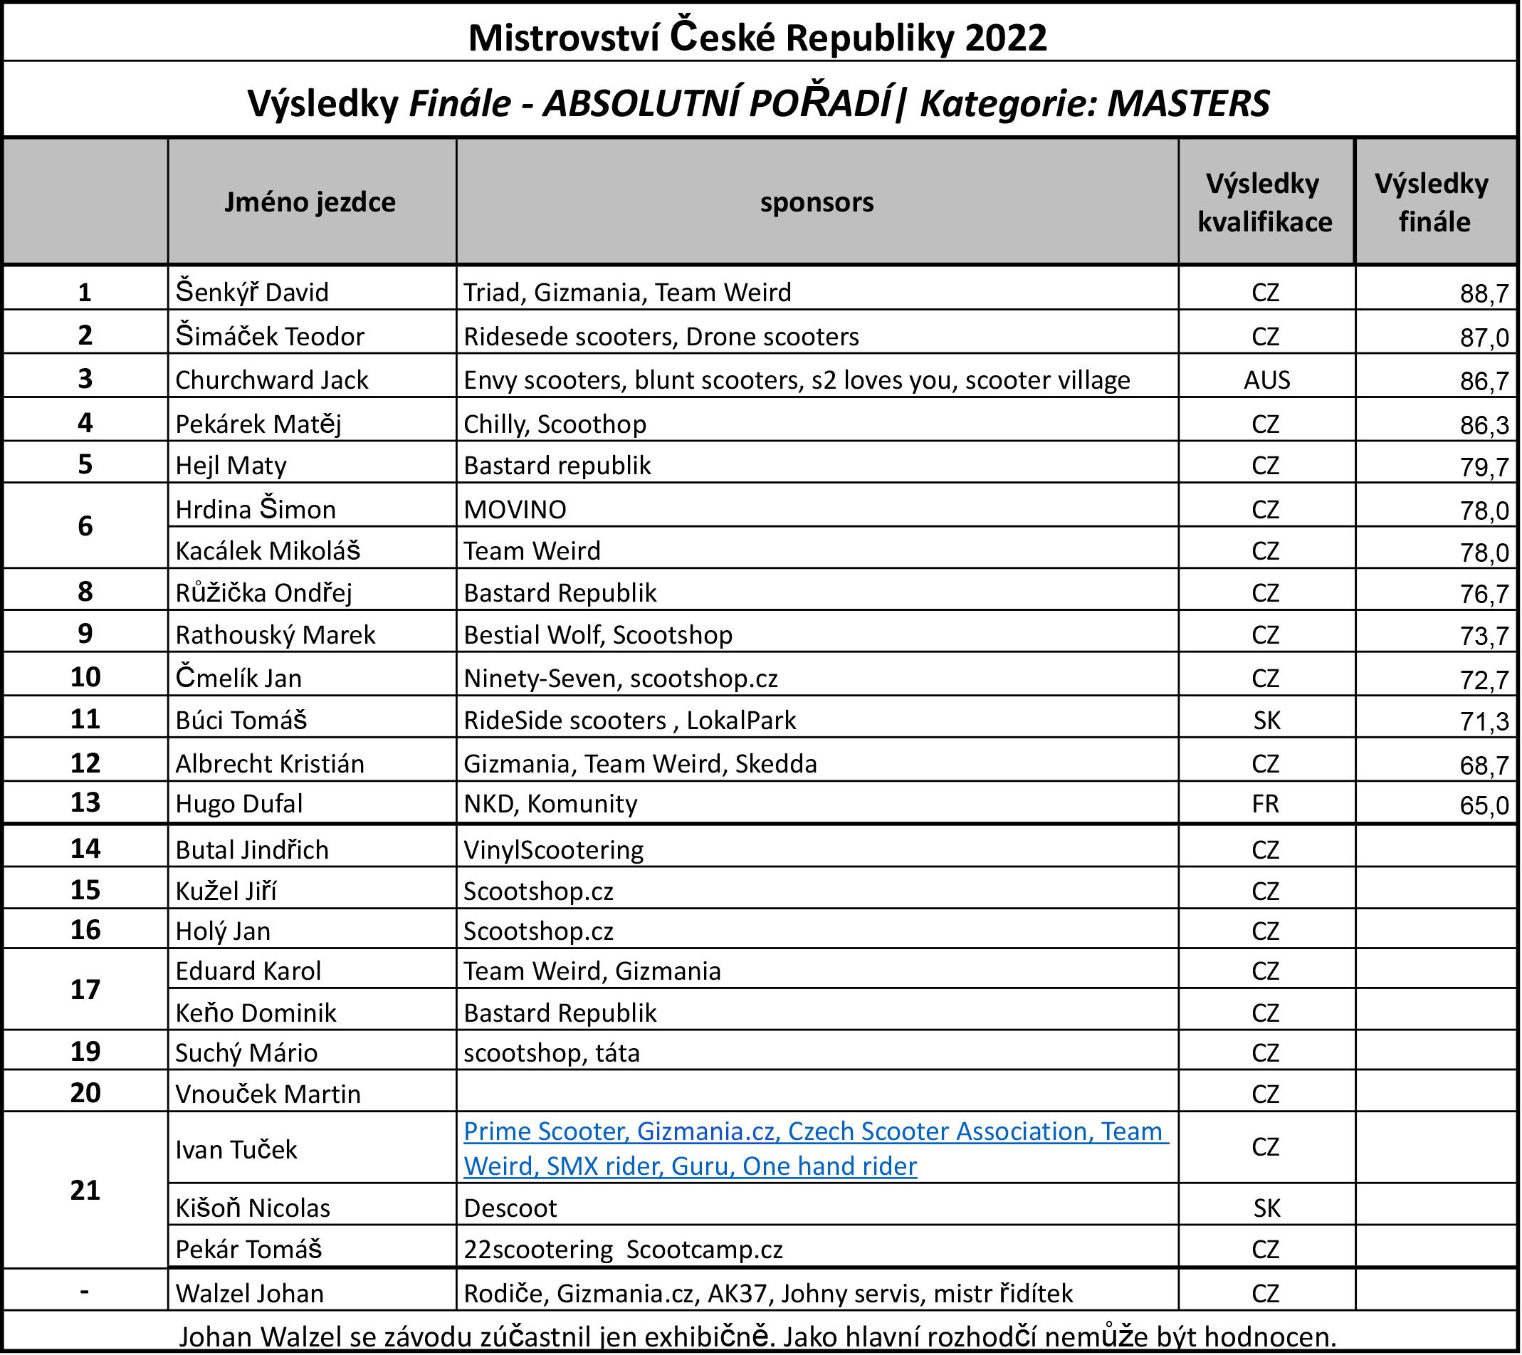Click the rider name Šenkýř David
click(252, 292)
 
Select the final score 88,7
click(1484, 294)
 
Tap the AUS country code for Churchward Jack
click(1266, 380)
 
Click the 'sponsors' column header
click(817, 203)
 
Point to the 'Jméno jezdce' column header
click(310, 203)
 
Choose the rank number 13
click(85, 802)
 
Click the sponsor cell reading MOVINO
click(515, 510)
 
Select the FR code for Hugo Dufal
click(1266, 804)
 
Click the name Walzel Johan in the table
click(249, 1293)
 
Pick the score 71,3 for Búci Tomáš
click(1484, 721)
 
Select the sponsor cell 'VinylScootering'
click(553, 850)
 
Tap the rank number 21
click(85, 1191)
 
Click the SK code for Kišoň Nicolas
click(1266, 1208)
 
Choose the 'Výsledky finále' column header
click(1434, 203)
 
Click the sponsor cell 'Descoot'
click(510, 1208)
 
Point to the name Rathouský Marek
click(275, 634)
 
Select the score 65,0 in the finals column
click(1484, 805)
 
